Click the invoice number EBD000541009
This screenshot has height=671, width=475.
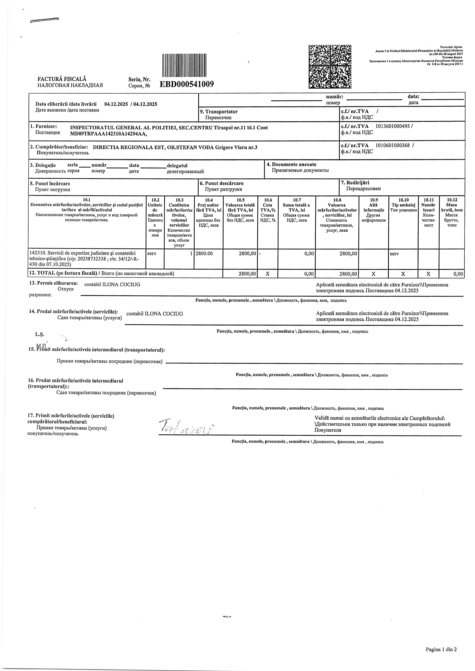(187, 84)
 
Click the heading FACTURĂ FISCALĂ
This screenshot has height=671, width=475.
(62, 79)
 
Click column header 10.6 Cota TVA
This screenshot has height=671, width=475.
(268, 210)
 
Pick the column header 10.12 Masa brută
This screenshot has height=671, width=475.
(452, 213)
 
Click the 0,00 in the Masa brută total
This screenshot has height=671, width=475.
(458, 274)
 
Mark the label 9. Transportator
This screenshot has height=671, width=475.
(221, 112)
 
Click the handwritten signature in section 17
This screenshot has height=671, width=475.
(186, 428)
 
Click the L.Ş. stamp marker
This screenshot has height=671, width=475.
(39, 334)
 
